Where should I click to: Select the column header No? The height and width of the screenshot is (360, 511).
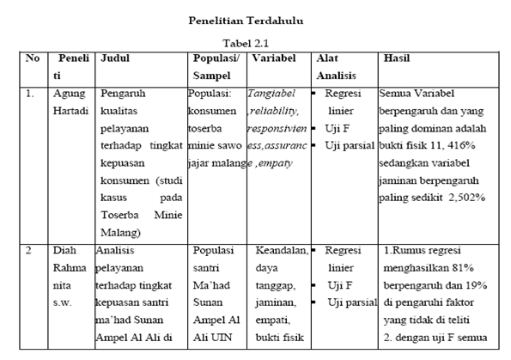pos(33,58)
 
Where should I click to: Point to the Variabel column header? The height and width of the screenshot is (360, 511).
pos(275,58)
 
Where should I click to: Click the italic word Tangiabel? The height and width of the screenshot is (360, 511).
pos(273,94)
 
